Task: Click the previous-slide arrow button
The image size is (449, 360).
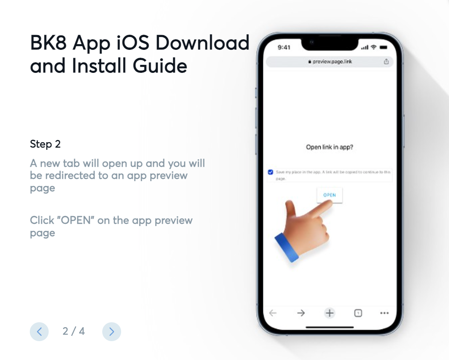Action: [39, 332]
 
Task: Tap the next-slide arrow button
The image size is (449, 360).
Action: [111, 332]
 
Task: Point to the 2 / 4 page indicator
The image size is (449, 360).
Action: [74, 331]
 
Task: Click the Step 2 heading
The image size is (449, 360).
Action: [45, 144]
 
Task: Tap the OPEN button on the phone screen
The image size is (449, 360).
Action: [329, 195]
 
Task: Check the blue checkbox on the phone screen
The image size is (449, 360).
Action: [271, 172]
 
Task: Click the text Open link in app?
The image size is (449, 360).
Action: [329, 147]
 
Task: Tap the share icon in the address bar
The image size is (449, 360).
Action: [386, 62]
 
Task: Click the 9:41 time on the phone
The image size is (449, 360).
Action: [284, 48]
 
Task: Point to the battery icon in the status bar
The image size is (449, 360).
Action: [384, 48]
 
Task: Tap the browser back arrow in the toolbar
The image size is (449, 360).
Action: [273, 313]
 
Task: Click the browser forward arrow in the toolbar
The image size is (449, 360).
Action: [301, 313]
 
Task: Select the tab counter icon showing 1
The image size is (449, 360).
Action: [358, 313]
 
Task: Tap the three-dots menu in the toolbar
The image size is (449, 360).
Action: [384, 313]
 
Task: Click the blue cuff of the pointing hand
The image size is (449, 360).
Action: [287, 247]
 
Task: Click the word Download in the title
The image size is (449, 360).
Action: [202, 43]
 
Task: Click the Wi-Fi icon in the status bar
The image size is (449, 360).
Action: [374, 48]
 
